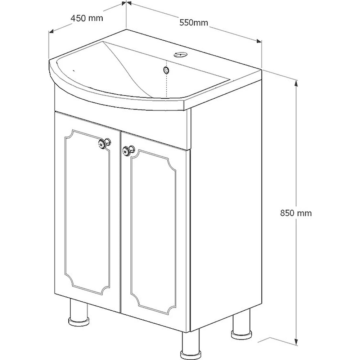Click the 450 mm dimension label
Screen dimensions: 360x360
pos(87,18)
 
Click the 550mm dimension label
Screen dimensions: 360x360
pos(194,22)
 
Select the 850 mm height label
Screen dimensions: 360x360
pos(296,213)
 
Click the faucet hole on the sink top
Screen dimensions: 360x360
pos(180,55)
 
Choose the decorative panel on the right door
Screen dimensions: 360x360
pos(153,232)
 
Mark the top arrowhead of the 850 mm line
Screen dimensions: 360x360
pos(296,83)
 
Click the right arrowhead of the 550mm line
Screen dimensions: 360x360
pos(259,41)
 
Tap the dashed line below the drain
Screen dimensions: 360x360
pos(166,85)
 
